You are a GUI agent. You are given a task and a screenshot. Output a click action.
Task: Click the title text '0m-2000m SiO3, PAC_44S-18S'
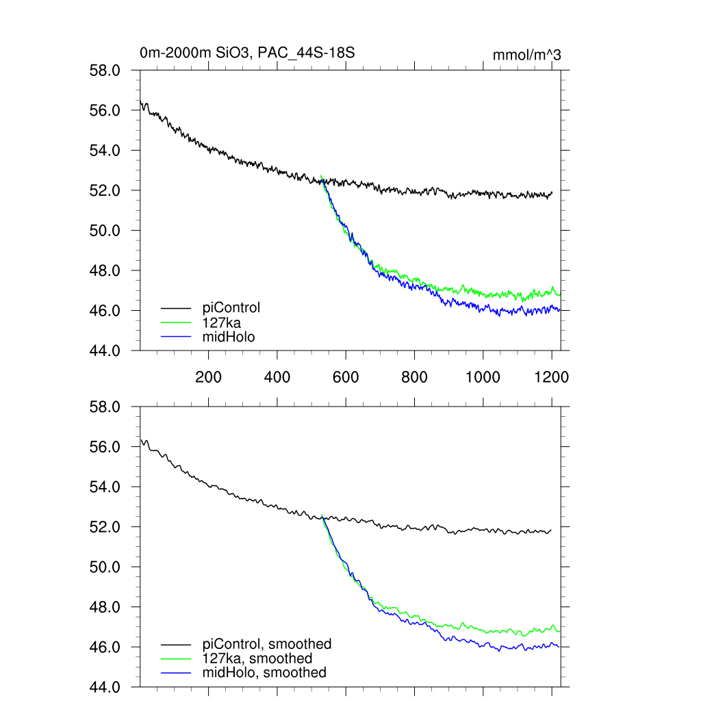click(x=247, y=53)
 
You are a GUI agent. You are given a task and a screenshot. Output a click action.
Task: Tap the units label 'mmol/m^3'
click(x=526, y=55)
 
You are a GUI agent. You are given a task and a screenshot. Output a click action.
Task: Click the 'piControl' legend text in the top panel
click(x=231, y=307)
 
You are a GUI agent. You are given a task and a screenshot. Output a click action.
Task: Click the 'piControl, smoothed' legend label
click(x=267, y=643)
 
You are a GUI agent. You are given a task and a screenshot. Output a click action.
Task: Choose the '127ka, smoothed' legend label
click(x=257, y=658)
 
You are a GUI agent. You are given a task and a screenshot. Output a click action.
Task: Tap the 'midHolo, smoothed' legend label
click(x=264, y=672)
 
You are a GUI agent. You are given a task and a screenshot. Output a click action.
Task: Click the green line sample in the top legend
click(x=176, y=322)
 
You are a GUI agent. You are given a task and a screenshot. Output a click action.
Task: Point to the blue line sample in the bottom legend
click(x=176, y=673)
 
